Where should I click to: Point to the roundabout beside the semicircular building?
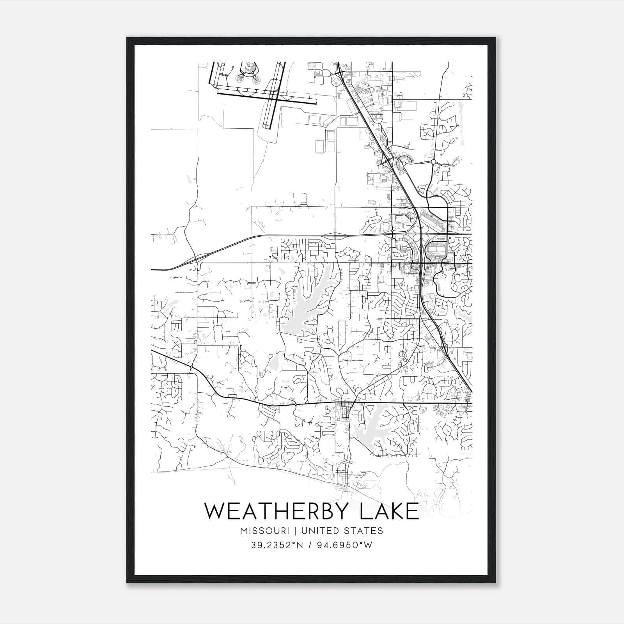[x=404, y=164]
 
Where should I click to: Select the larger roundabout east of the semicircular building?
[x=433, y=161]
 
